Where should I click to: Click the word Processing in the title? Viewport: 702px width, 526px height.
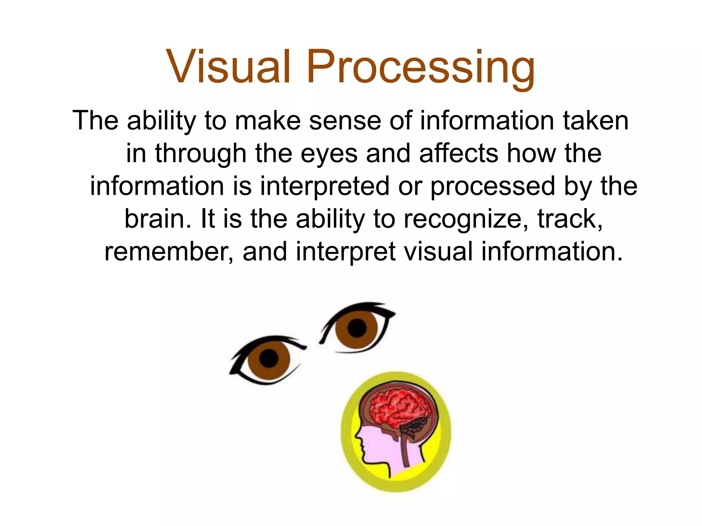tap(421, 67)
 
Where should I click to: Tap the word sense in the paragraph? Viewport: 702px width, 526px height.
tap(345, 121)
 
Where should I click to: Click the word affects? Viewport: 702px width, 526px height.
tap(459, 153)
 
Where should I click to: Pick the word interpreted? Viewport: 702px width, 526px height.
tap(325, 187)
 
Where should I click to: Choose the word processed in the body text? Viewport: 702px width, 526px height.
tap(493, 187)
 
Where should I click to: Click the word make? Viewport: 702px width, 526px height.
tap(267, 121)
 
